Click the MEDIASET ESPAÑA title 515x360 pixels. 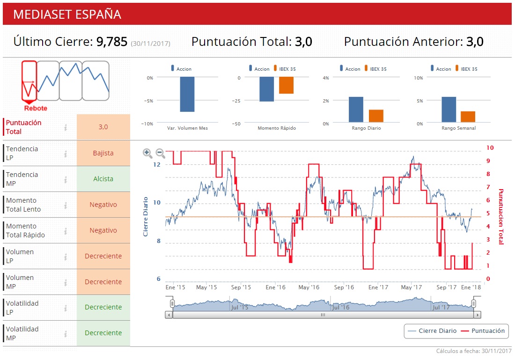67,14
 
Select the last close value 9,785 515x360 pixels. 112,42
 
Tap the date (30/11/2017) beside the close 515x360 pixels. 150,44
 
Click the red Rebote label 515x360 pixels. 36,108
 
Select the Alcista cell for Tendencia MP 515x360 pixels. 103,179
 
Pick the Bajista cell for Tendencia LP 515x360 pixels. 103,153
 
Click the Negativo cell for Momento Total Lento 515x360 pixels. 103,205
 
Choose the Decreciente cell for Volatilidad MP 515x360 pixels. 103,333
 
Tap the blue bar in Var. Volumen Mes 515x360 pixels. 187,94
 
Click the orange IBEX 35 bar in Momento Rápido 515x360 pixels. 286,86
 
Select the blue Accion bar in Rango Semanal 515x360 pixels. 449,110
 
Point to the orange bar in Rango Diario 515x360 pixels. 376,116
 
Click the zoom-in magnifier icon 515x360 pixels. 147,153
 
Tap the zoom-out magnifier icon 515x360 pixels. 160,153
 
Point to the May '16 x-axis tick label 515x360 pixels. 309,287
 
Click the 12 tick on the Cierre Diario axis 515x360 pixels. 156,165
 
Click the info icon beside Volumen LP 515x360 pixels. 66,256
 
